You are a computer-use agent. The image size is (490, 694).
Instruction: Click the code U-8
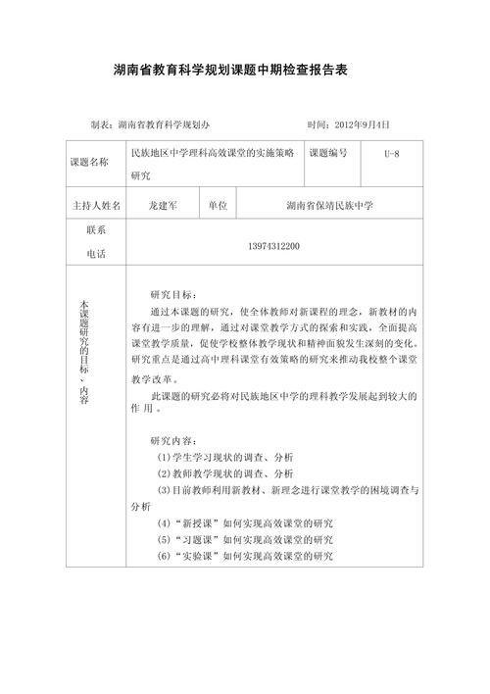[391, 154]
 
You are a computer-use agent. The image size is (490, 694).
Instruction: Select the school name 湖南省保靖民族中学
[330, 207]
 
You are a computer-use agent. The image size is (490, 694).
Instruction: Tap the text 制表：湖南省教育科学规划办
[149, 125]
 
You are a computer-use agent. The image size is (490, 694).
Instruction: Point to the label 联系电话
[96, 242]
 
